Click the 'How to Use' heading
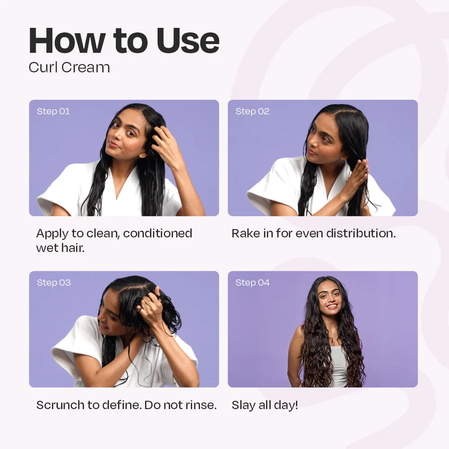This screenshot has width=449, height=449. [x=124, y=41]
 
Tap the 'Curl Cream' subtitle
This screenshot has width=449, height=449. [x=69, y=67]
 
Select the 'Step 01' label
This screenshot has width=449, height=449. [x=53, y=111]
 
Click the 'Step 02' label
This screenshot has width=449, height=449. [x=252, y=111]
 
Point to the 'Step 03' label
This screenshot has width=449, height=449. [x=54, y=282]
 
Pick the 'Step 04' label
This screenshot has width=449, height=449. [x=252, y=282]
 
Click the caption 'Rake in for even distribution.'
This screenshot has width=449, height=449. [x=313, y=233]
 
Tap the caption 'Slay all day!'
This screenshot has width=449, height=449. [x=264, y=405]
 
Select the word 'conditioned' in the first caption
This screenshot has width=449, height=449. [x=158, y=233]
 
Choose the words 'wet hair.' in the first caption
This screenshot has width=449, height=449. [x=60, y=247]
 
